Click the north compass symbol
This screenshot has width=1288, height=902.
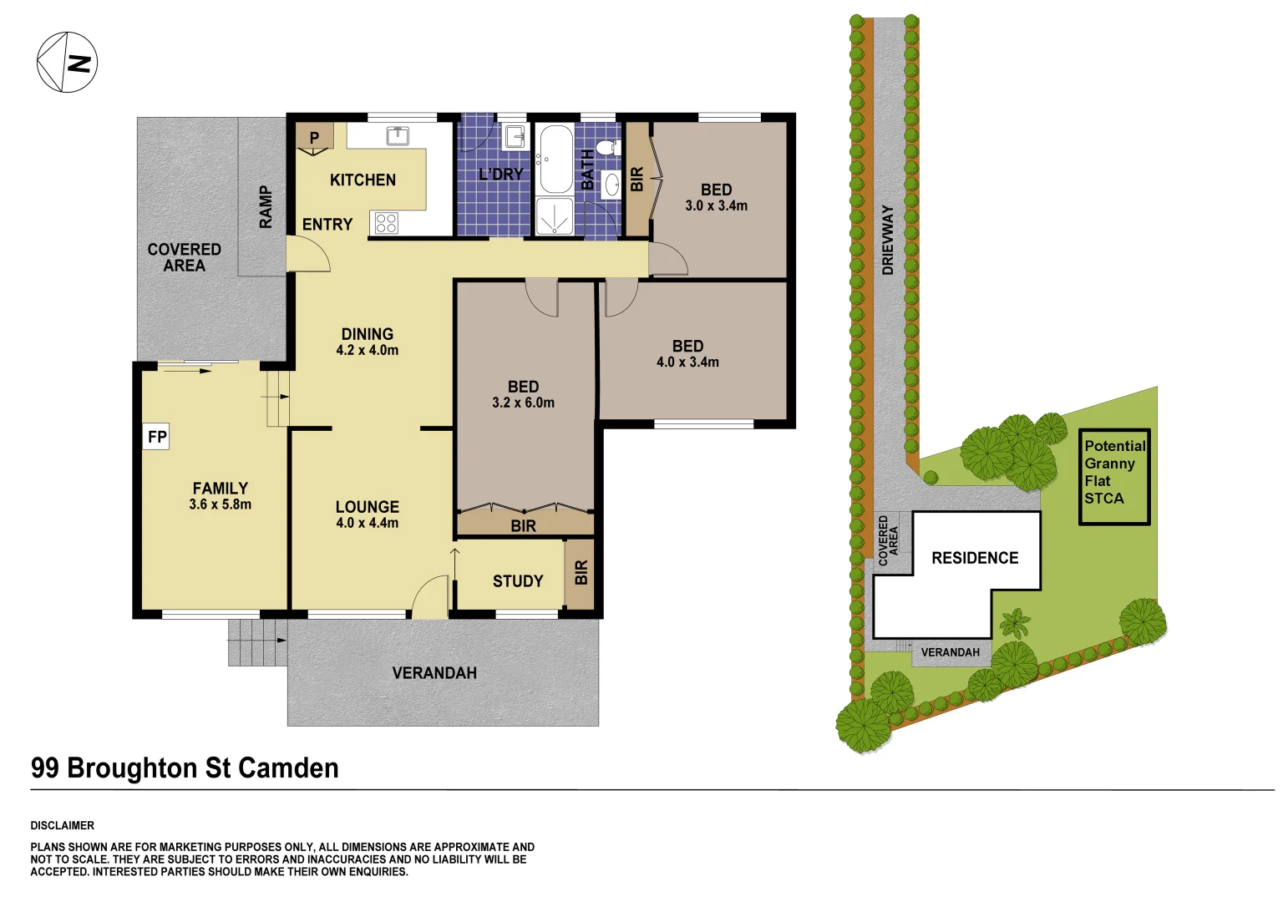tap(67, 63)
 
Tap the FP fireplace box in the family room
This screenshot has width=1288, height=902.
tap(156, 437)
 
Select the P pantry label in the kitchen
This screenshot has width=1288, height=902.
tap(314, 138)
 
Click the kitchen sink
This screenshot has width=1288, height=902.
tap(397, 135)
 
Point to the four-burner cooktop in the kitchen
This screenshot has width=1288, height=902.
tap(386, 223)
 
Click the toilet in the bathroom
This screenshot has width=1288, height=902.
tap(608, 149)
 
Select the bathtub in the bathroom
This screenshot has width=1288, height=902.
tap(555, 159)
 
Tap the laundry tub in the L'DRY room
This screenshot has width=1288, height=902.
tap(515, 136)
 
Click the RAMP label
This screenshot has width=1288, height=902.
tap(266, 206)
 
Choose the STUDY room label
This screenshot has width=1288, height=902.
tap(518, 581)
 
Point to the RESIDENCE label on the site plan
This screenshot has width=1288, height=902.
tap(975, 558)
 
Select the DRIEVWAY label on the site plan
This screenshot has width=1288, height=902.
tap(888, 241)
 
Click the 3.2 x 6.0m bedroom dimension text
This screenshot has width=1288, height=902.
tap(523, 403)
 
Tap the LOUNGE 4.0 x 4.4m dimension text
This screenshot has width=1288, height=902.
tap(367, 523)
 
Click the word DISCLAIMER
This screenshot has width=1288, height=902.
tap(63, 825)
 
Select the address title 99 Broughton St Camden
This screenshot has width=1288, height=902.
tap(185, 768)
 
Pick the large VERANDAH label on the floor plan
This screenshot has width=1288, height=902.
tap(434, 673)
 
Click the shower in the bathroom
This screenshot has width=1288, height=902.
tap(554, 216)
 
